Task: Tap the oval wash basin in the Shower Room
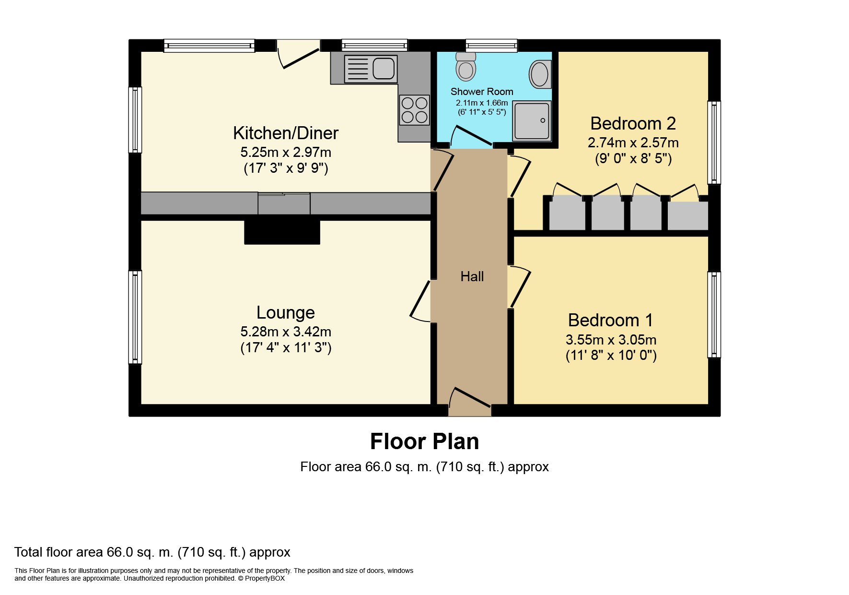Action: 540,74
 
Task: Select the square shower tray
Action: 532,121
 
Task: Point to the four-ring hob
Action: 415,110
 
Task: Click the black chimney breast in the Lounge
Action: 282,232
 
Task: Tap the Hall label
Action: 472,276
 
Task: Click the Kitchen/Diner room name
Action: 286,133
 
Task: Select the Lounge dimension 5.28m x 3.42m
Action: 286,332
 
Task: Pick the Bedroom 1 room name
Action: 611,320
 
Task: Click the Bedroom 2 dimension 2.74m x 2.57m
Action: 633,143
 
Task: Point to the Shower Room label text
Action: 482,92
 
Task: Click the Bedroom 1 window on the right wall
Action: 714,315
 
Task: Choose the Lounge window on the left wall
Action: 135,317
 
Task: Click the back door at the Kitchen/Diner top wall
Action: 298,54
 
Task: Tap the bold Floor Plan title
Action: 424,441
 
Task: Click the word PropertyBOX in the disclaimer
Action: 265,578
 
